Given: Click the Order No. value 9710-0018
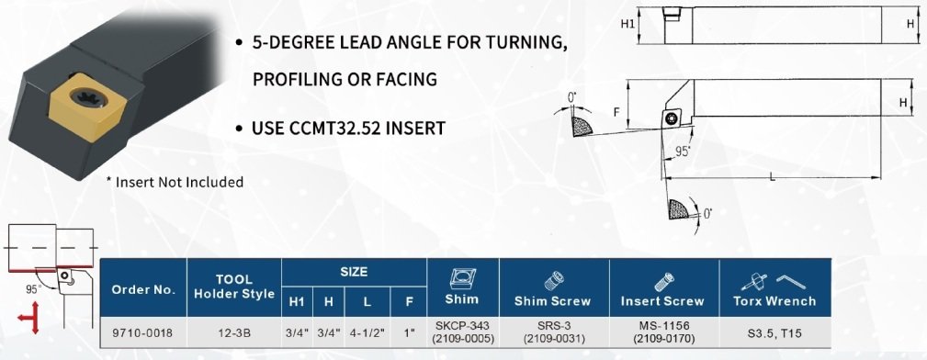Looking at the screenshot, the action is [x=142, y=333].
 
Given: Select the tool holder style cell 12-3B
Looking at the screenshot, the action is [x=234, y=333].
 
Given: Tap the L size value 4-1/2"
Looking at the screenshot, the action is [x=367, y=333].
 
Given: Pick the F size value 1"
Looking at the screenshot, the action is [x=409, y=333].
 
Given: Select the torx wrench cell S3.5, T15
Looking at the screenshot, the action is [x=774, y=333].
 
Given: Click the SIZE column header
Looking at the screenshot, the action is [x=354, y=272].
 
